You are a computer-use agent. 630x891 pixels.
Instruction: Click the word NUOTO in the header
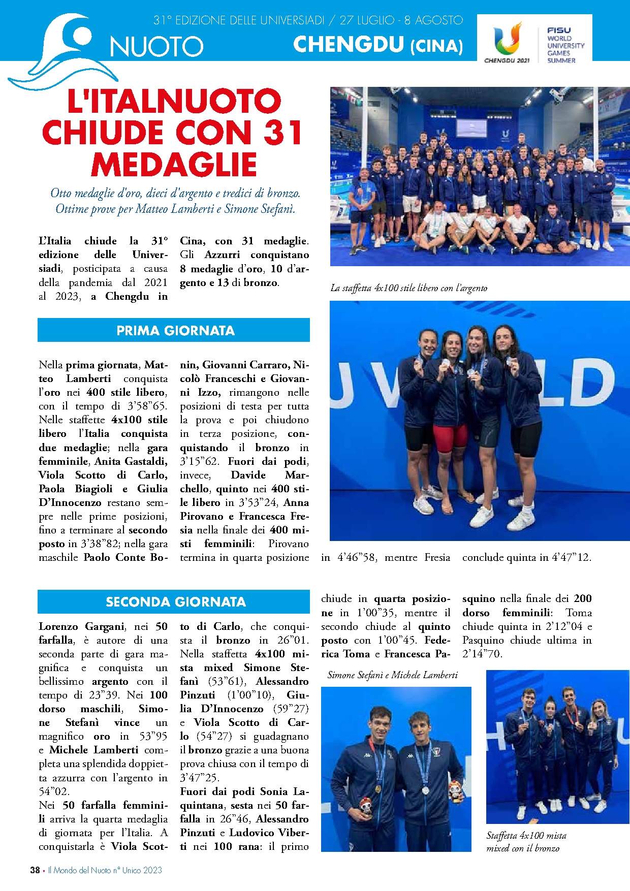pos(156,47)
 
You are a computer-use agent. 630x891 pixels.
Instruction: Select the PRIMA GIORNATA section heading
pos(175,331)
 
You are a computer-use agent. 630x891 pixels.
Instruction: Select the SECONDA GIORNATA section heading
pos(175,602)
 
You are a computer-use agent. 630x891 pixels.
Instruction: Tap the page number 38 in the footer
pos(35,870)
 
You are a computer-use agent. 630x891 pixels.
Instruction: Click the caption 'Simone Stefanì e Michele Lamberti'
pos(392,675)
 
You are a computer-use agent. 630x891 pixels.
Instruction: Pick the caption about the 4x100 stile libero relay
pos(408,288)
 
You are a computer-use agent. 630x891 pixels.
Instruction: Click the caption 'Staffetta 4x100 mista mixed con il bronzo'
pos(526,842)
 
